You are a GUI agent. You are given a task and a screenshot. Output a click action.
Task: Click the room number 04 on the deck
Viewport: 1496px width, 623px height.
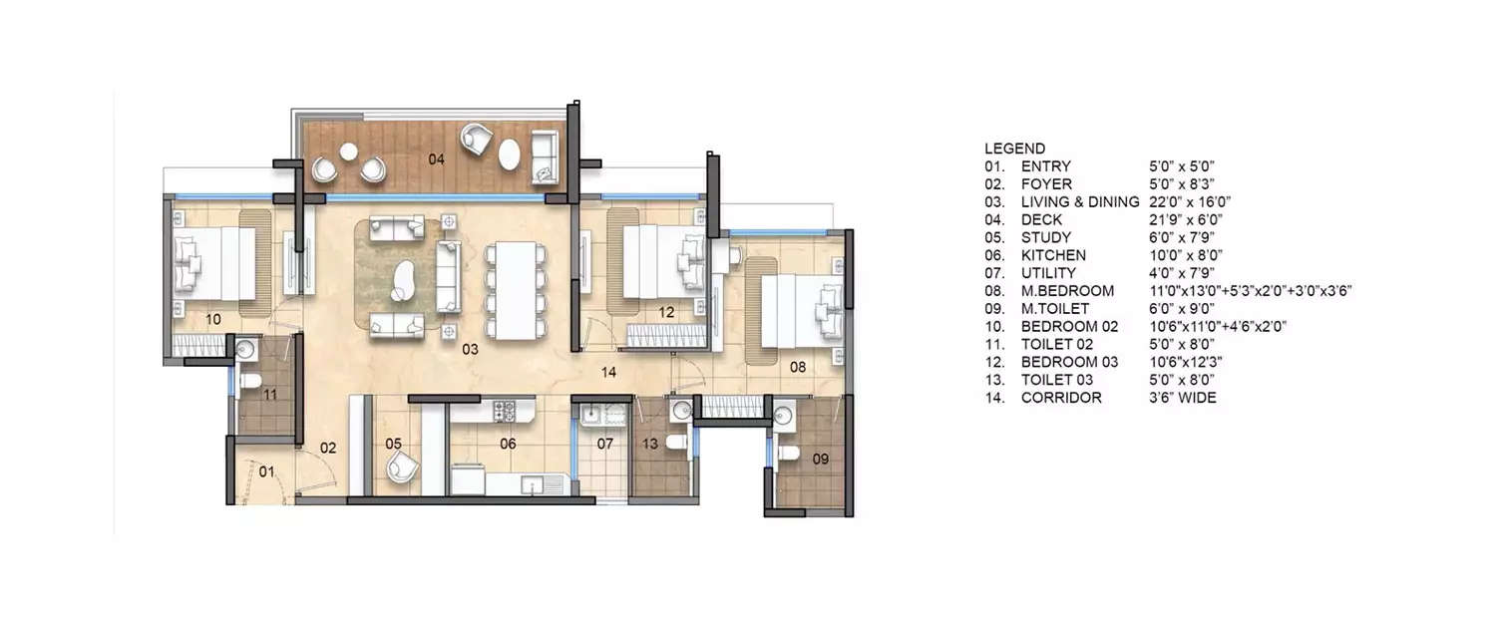pos(436,158)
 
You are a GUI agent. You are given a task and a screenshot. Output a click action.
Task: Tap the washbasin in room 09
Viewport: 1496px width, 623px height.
pos(784,414)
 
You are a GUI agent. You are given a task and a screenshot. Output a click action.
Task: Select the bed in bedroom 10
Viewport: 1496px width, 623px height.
pos(212,263)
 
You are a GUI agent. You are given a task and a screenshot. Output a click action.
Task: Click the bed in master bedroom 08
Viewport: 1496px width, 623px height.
pos(797,310)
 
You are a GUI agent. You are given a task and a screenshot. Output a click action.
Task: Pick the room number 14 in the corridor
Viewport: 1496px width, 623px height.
pos(611,372)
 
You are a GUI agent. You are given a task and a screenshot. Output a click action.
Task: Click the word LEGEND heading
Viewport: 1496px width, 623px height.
pos(1014,149)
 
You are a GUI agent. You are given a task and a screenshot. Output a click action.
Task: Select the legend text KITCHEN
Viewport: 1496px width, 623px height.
pos(1053,255)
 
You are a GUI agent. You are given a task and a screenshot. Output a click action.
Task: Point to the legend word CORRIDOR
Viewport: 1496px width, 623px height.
pos(1061,398)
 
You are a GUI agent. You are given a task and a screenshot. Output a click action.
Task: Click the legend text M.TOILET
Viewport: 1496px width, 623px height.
pos(1055,309)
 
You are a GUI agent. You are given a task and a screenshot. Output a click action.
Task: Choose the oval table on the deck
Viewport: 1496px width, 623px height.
pos(509,155)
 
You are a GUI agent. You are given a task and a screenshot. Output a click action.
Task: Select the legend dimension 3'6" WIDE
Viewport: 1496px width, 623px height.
pos(1183,398)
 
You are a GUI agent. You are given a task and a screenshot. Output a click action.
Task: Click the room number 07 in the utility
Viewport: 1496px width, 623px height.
pos(605,444)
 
